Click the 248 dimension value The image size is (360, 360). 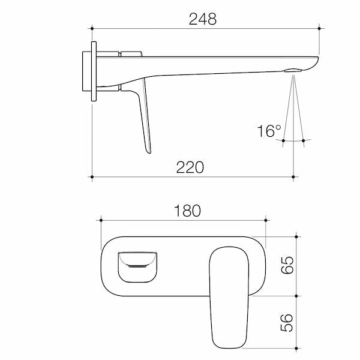tap(203, 19)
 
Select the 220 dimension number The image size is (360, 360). tap(190, 167)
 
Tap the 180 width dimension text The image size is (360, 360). tap(187, 211)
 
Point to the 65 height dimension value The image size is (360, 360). tap(287, 265)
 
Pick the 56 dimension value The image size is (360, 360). tap(287, 323)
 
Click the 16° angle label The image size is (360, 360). tap(269, 131)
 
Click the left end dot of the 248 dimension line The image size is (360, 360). tap(92, 28)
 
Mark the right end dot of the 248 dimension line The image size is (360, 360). tap(319, 28)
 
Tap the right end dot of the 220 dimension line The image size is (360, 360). tap(293, 177)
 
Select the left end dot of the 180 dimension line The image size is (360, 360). tap(101, 220)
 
